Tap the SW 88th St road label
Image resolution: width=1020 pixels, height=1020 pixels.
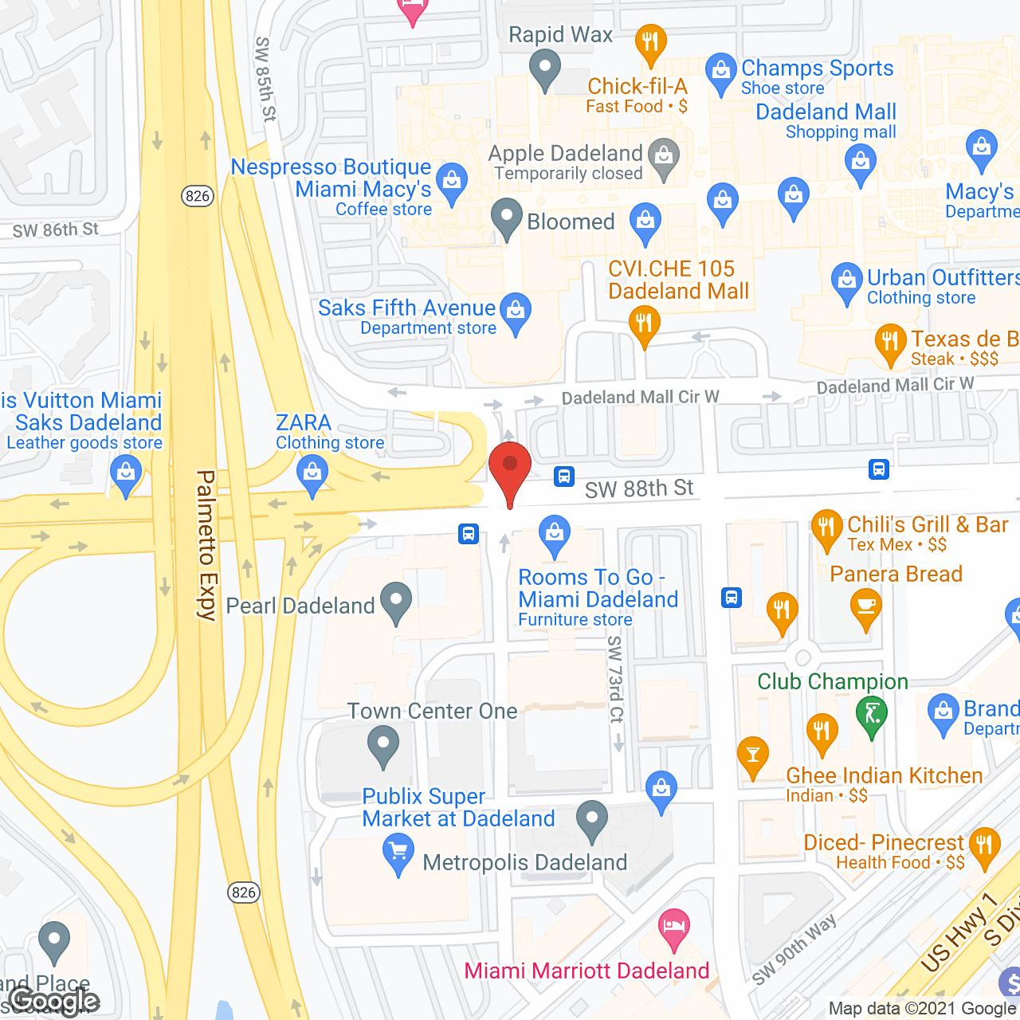point(639,488)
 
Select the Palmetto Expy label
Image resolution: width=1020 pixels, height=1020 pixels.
point(206,545)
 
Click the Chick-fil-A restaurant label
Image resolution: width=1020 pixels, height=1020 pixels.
point(637,87)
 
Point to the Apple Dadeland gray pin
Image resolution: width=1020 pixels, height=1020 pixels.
point(663,158)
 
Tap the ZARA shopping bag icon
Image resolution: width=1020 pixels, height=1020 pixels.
point(312,475)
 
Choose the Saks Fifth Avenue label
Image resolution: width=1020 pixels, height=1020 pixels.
point(406,308)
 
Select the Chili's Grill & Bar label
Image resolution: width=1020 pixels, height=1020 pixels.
point(928,524)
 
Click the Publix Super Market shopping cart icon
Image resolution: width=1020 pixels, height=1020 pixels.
point(398,853)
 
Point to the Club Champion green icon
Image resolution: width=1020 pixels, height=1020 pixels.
point(872,714)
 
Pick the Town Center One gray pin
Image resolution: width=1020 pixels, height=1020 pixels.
point(383,747)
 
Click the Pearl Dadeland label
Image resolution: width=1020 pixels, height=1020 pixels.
point(300,606)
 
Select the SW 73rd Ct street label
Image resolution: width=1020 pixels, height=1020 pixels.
point(614,679)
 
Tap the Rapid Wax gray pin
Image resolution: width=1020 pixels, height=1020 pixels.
point(545,69)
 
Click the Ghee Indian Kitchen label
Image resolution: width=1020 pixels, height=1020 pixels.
point(884,775)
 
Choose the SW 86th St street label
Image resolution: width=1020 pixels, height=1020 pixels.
point(56,230)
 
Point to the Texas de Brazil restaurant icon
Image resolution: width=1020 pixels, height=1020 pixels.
point(890,343)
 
